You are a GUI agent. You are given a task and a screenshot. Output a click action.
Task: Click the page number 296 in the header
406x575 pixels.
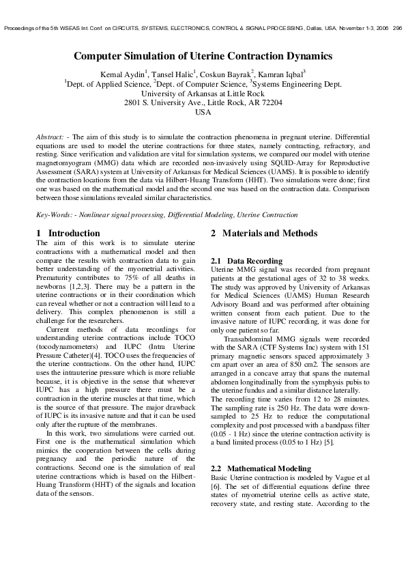tap(398, 28)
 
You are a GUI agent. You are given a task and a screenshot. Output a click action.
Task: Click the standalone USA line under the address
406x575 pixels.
tap(203, 113)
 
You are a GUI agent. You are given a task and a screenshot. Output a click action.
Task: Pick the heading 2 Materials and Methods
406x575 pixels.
tap(264, 234)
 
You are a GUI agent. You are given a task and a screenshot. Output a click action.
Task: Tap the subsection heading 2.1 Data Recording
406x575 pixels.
tap(246, 262)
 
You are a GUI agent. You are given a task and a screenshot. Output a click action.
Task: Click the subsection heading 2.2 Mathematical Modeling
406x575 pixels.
tap(261, 469)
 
